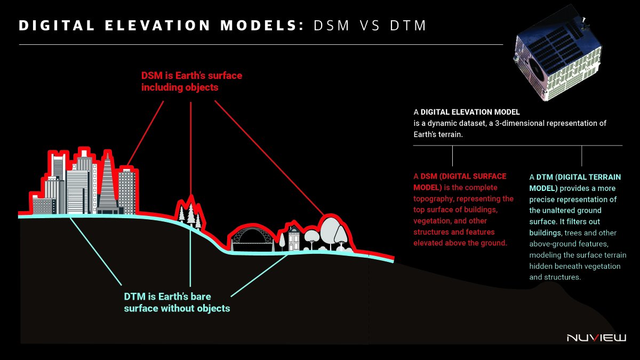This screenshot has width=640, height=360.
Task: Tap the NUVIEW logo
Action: (x=596, y=338)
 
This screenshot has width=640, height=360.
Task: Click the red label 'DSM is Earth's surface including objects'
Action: (x=191, y=81)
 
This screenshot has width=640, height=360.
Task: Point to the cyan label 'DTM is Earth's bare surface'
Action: (x=177, y=302)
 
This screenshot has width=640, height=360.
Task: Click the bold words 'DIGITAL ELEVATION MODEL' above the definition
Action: (x=470, y=113)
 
